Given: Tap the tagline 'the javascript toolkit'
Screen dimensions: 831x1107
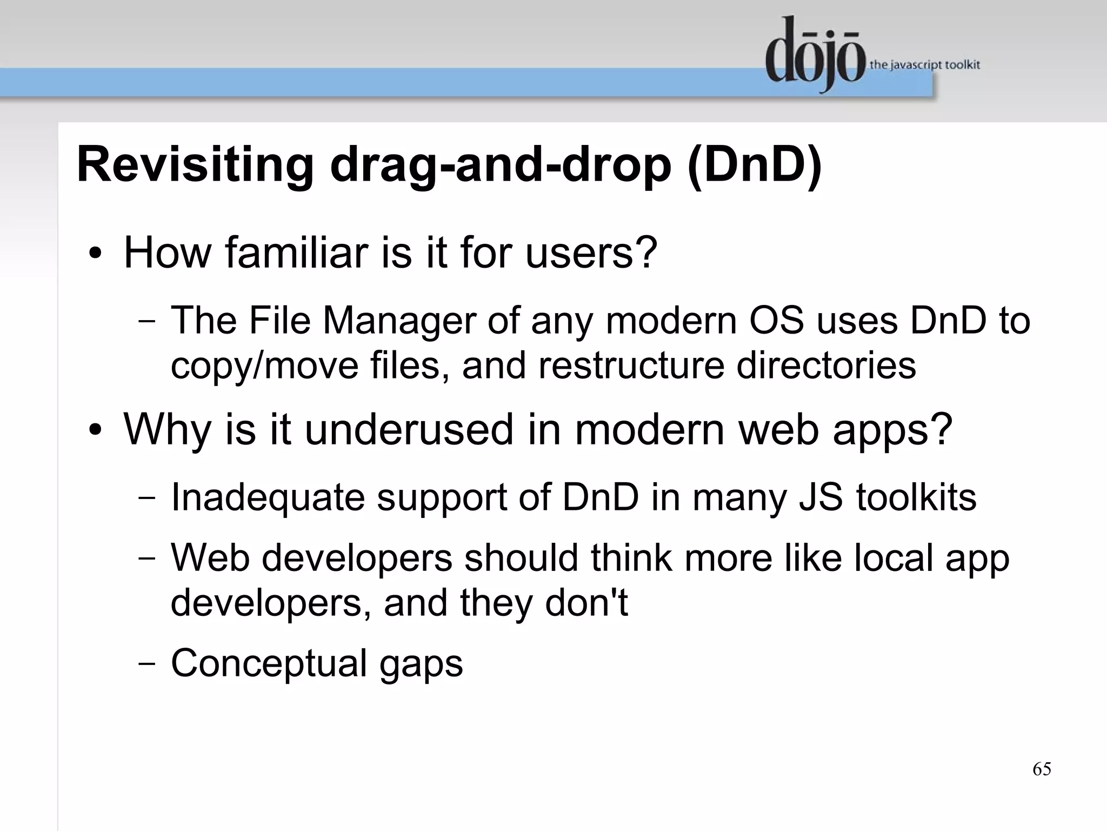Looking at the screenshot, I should tap(924, 65).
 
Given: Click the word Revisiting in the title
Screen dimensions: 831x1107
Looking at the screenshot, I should tap(195, 165).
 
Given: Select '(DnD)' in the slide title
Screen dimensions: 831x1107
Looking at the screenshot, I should tap(755, 165).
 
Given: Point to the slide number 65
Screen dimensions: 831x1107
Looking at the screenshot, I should tap(1042, 769).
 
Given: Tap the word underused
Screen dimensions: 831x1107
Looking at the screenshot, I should tap(409, 429).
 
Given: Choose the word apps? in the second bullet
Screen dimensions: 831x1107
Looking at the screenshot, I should tap(892, 429).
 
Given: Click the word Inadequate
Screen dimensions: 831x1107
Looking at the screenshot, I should tap(268, 497).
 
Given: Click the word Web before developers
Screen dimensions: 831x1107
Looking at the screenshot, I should tap(210, 557).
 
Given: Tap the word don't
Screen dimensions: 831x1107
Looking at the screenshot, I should tap(586, 602).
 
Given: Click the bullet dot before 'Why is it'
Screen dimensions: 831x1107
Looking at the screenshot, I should tap(96, 430).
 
